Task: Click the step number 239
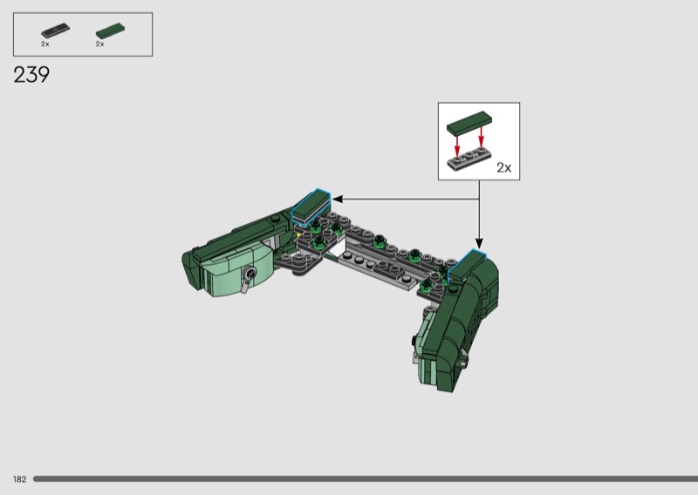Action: coord(31,75)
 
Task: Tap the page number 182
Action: coord(19,479)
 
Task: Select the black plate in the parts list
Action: coord(56,31)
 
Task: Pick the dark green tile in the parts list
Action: coord(111,31)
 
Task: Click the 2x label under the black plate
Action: coord(45,44)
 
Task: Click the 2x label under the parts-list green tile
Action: coord(99,44)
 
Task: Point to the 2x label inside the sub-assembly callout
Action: coord(504,167)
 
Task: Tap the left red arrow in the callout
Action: coord(456,146)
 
